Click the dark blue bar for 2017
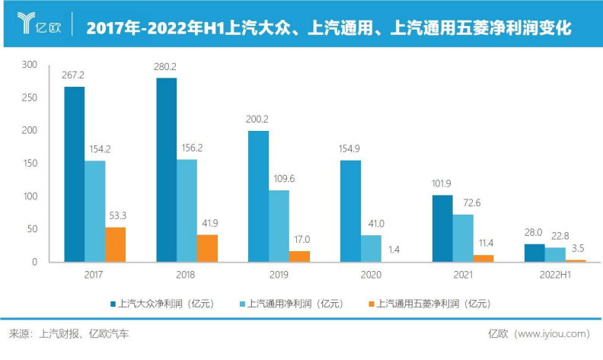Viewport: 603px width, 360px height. (x=74, y=174)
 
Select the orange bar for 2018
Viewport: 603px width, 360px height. (x=207, y=248)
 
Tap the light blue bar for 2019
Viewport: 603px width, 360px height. (x=279, y=226)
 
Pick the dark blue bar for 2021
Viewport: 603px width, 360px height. (x=442, y=228)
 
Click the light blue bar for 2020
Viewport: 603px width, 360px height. (x=371, y=248)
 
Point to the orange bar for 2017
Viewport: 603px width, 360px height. (x=115, y=244)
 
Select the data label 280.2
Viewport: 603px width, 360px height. (x=166, y=65)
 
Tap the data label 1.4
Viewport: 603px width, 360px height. (x=393, y=248)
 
